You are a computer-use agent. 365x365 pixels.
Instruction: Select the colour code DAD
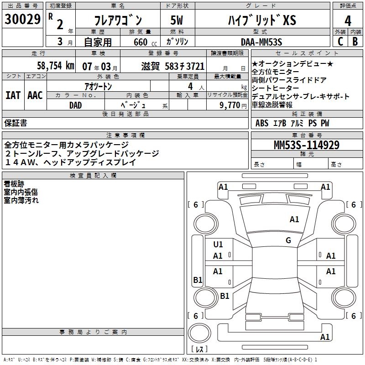point(76,105)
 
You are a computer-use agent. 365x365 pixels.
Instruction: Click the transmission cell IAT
point(13,95)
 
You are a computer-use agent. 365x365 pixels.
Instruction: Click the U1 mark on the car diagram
point(218,245)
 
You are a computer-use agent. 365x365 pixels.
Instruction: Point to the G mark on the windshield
point(288,240)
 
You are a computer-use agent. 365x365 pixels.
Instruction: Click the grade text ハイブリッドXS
point(262,20)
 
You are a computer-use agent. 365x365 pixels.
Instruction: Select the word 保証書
point(16,123)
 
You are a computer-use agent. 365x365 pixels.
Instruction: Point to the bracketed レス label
point(199,350)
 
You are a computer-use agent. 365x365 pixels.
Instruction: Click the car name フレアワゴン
point(118,20)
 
